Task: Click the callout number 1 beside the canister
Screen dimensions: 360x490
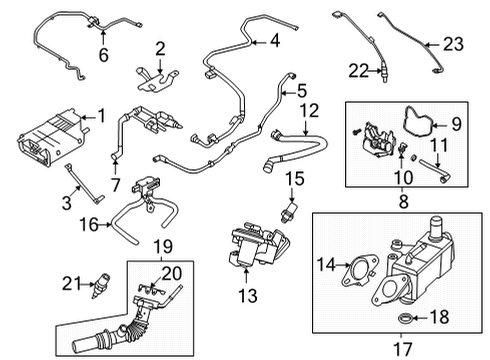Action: [x=99, y=117]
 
